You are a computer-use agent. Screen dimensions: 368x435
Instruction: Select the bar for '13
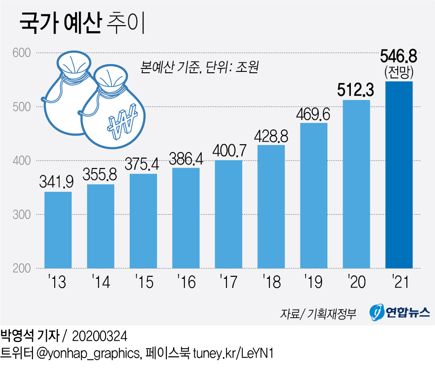pyautogui.click(x=58, y=229)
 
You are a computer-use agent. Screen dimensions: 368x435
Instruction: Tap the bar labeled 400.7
pyautogui.click(x=228, y=214)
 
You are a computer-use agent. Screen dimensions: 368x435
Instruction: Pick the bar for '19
pyautogui.click(x=314, y=195)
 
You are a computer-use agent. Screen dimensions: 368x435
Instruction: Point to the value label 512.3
pyautogui.click(x=356, y=90)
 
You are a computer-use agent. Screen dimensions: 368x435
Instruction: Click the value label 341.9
pyautogui.click(x=58, y=181)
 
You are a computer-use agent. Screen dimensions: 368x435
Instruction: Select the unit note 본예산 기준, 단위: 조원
pyautogui.click(x=199, y=68)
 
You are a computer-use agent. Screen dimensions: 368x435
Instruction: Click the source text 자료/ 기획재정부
pyautogui.click(x=318, y=313)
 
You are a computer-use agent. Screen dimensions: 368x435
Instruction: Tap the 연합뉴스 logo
pyautogui.click(x=399, y=312)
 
